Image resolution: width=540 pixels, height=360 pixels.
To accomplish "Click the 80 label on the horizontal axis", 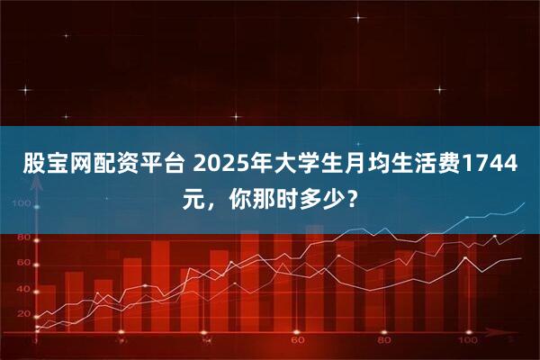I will (x=384, y=342).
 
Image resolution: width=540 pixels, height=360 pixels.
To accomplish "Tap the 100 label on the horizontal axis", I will (x=466, y=342).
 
